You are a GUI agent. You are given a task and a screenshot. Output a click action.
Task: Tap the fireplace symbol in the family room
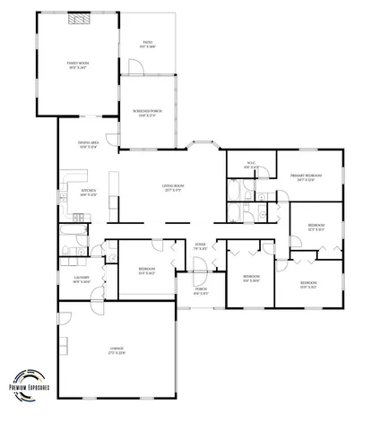(x=81, y=17)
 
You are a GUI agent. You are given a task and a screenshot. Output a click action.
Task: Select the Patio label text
(x=149, y=43)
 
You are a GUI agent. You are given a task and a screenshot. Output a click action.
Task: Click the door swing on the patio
(x=136, y=68)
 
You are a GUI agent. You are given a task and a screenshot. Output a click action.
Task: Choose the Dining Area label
(x=88, y=145)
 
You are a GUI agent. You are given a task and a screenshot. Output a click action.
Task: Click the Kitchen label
(x=88, y=193)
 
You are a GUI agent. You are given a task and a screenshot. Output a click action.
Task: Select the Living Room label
(x=174, y=189)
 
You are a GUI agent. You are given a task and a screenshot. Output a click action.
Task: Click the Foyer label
(x=202, y=247)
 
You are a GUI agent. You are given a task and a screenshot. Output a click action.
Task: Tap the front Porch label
(x=201, y=291)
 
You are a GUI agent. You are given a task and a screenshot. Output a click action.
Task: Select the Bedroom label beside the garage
(x=147, y=271)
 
